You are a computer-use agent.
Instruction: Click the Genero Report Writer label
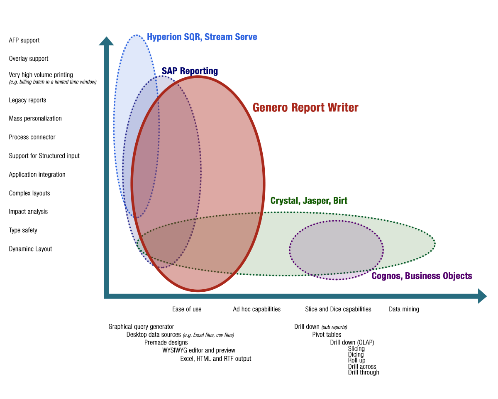[305, 108]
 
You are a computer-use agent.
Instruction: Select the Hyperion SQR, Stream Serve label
[202, 37]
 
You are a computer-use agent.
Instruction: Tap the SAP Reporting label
[190, 71]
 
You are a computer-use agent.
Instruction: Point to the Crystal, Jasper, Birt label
[309, 201]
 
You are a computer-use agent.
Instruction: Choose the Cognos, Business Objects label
[422, 276]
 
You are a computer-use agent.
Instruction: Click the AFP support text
[24, 40]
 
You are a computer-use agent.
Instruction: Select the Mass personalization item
[35, 118]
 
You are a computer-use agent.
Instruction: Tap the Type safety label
[23, 230]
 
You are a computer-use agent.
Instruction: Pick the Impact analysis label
[28, 212]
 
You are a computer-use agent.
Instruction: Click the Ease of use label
[187, 309]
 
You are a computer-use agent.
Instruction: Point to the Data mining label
[404, 309]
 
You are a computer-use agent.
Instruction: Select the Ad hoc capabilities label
[256, 309]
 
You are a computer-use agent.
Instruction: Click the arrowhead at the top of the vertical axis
[106, 41]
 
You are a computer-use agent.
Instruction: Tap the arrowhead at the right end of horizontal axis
[481, 296]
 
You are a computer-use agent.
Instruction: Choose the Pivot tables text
[327, 335]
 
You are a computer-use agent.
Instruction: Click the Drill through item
[364, 372]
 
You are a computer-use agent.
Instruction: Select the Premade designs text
[166, 342]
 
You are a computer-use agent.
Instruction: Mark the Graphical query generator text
[141, 327]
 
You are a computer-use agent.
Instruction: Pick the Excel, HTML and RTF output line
[215, 359]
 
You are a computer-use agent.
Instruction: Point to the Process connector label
[32, 137]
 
